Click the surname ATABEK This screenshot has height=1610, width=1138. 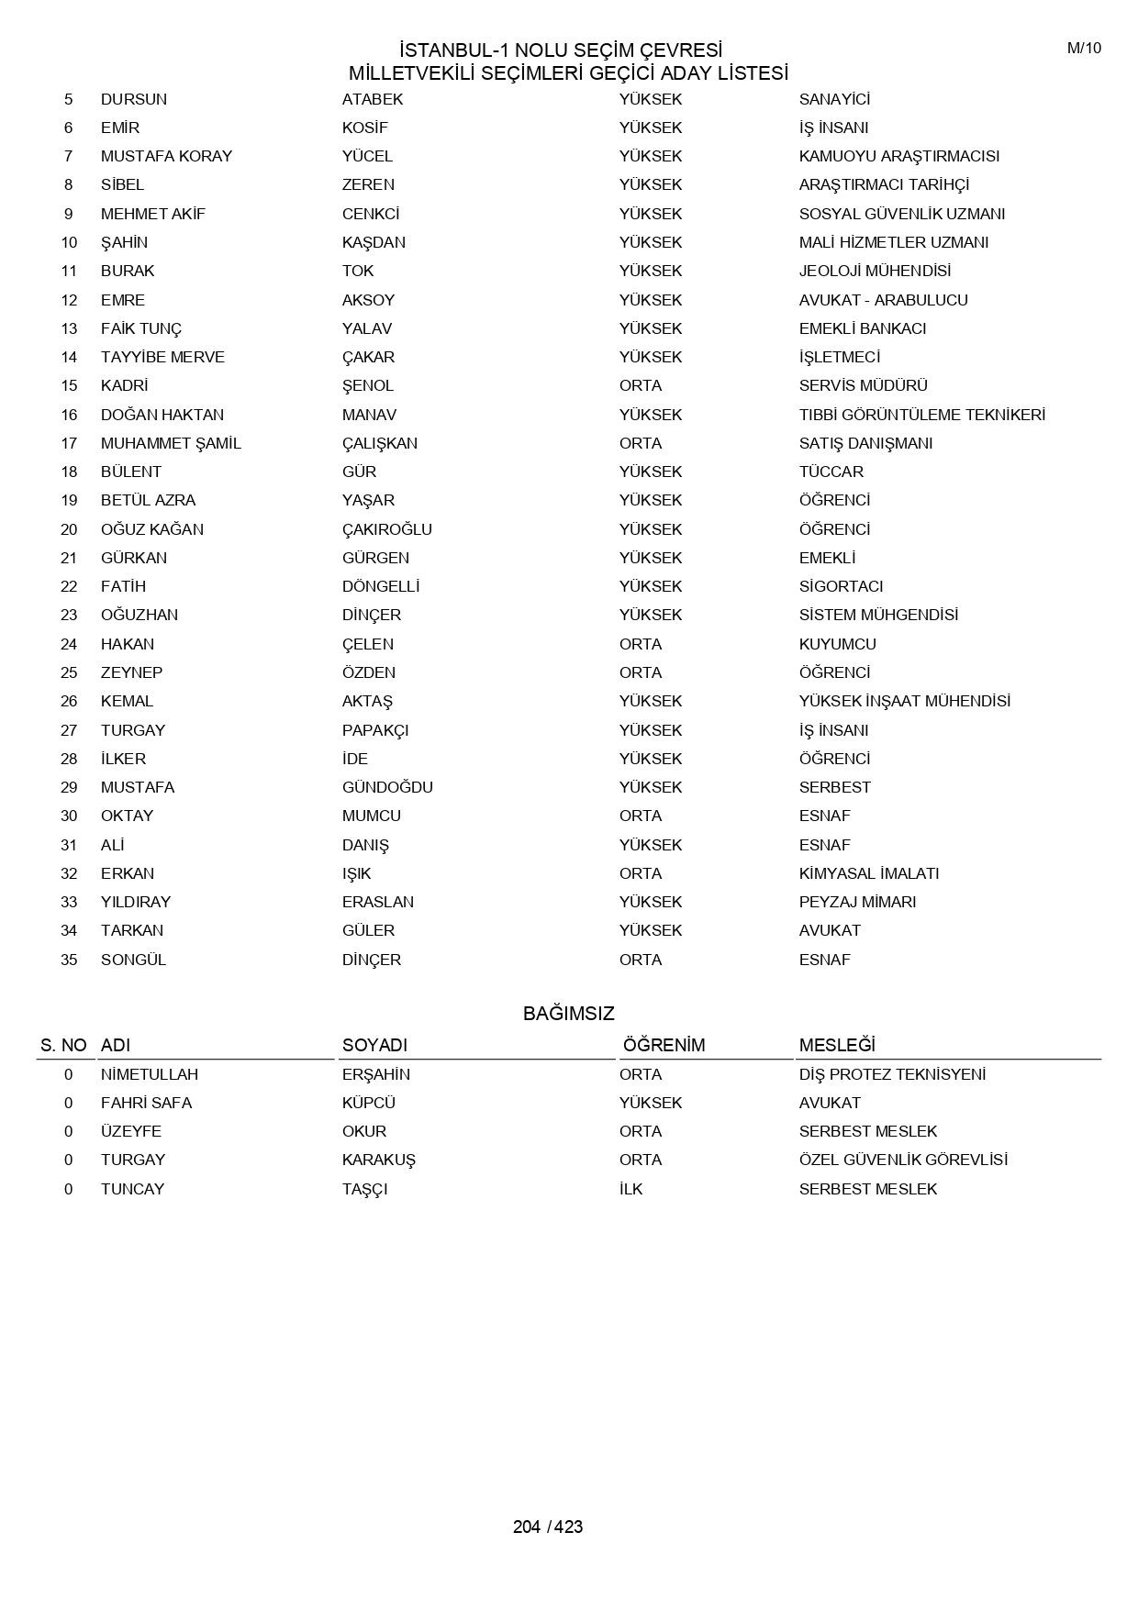coord(373,99)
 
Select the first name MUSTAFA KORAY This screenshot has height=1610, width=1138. coord(166,156)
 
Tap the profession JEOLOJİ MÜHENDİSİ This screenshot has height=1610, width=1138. coord(875,271)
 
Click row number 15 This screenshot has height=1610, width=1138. coord(69,385)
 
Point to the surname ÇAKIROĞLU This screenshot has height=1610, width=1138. coord(386,529)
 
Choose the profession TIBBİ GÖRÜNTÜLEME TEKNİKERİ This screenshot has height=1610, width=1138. coord(921,415)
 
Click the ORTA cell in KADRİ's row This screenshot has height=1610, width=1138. coord(640,385)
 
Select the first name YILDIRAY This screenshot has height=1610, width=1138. coord(136,902)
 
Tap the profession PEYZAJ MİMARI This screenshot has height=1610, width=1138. coord(857,902)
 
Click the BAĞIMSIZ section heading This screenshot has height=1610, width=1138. coord(568,1014)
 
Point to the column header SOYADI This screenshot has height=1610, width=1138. coord(374,1045)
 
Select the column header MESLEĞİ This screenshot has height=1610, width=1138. coord(837,1045)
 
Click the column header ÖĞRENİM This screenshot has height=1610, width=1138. coord(664,1045)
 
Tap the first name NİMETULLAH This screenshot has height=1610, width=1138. coord(150,1074)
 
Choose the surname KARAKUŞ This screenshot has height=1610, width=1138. coord(378,1160)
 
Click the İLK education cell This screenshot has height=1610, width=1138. coord(630,1189)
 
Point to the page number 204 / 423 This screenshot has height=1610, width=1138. coord(548,1527)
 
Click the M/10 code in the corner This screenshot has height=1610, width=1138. coord(1084,49)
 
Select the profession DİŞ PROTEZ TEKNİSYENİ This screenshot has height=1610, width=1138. coord(892,1074)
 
